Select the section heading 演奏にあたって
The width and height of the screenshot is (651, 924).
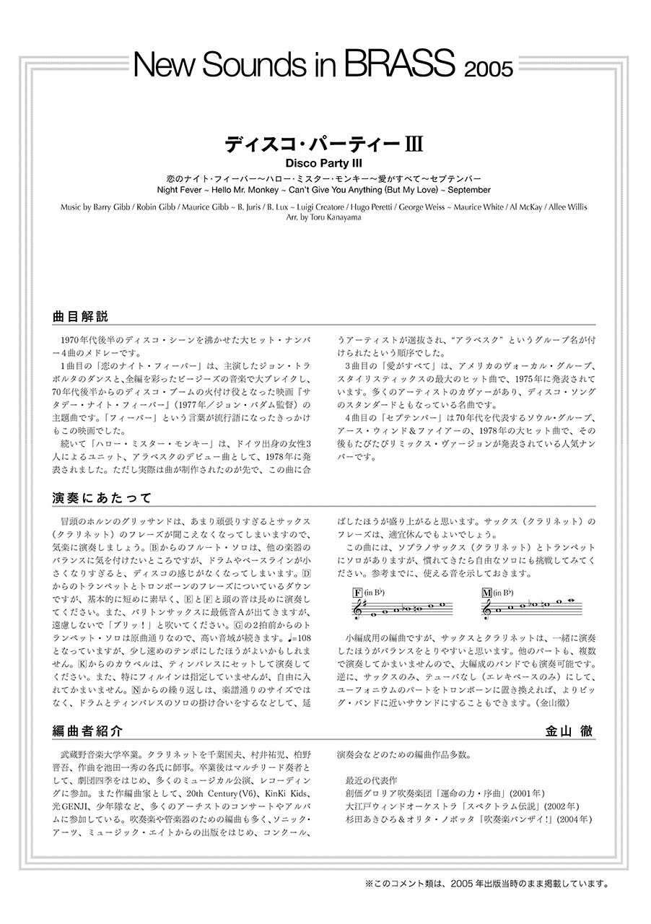pos(101,497)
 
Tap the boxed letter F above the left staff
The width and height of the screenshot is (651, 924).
pos(357,593)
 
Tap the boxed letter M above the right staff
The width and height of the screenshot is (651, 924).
pos(486,593)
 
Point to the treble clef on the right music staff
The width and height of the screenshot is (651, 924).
pos(489,611)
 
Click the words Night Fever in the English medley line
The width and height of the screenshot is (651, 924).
pos(178,190)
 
